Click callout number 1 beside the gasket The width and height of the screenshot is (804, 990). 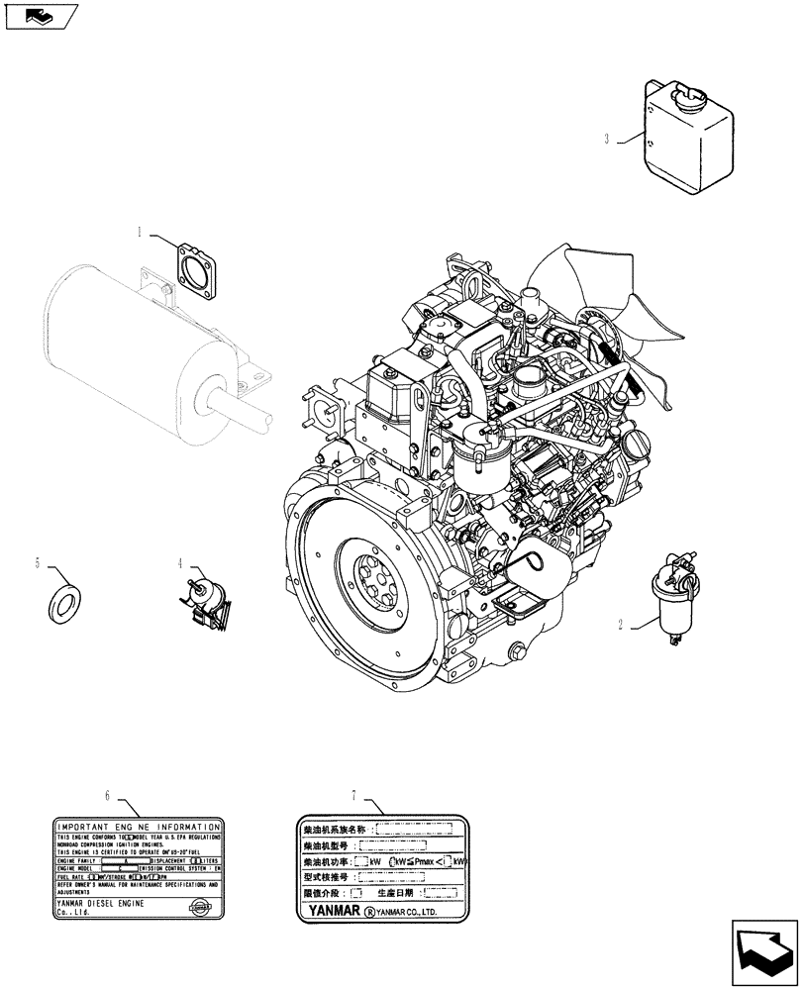(x=141, y=233)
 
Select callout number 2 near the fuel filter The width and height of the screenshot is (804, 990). (x=621, y=625)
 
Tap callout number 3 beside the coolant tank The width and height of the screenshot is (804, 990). (x=606, y=140)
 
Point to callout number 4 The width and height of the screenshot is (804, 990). (x=181, y=563)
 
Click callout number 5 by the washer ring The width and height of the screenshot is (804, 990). (x=38, y=563)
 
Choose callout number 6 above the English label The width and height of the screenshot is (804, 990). (x=107, y=795)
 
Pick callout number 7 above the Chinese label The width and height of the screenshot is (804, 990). (x=353, y=795)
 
